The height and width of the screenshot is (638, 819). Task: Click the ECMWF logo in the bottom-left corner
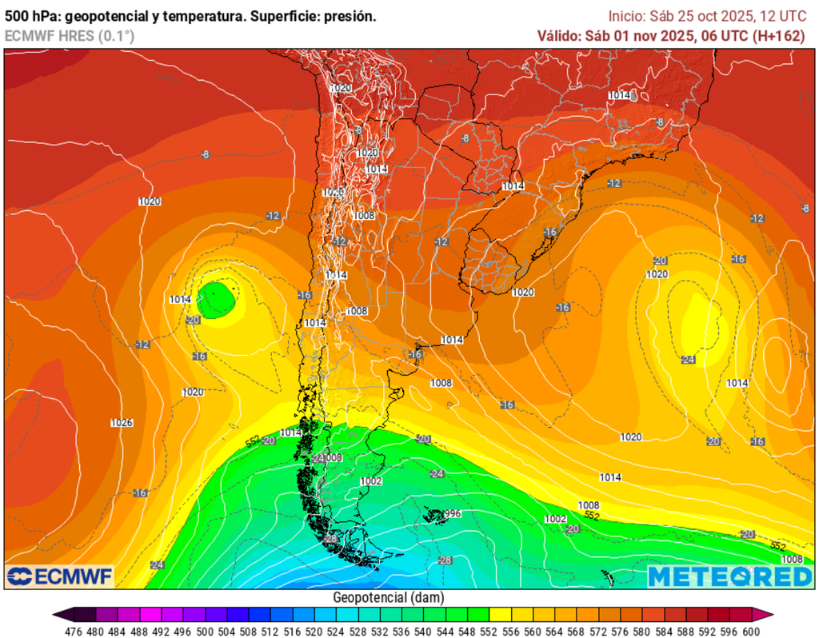point(60,576)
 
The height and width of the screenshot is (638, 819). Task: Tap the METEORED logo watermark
point(729,576)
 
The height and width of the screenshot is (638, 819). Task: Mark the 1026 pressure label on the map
point(122,422)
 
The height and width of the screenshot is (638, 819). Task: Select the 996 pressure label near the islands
point(453,513)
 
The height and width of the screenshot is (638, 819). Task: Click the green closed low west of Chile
point(217,300)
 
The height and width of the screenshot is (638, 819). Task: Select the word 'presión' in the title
point(351,15)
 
